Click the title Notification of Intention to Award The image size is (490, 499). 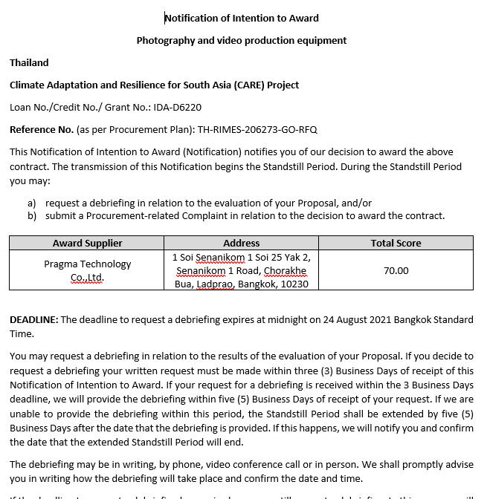coord(241,18)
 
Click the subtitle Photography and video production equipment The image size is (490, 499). coord(241,40)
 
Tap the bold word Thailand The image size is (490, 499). coord(29,62)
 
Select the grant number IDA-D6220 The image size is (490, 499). coord(177,107)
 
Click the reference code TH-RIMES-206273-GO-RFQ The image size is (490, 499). coord(257,129)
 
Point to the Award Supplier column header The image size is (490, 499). coord(87,243)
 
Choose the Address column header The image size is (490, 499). coord(241,243)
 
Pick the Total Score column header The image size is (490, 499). coord(396,243)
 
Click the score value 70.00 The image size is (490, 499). coord(396,270)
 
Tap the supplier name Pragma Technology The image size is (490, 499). coord(87,264)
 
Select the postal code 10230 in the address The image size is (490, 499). coord(293,284)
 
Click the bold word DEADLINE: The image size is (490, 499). coord(33,319)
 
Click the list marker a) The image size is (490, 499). coord(32,203)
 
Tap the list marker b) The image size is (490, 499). coord(32,215)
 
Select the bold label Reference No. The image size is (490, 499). coord(42,129)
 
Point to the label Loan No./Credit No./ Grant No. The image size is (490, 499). coord(80,107)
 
